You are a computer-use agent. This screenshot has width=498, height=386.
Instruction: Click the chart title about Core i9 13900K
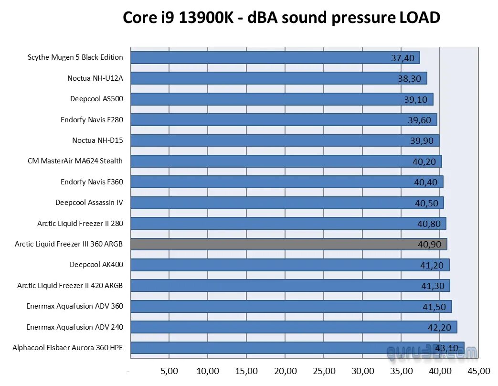281,18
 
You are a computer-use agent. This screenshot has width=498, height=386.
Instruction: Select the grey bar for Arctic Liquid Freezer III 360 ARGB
288,244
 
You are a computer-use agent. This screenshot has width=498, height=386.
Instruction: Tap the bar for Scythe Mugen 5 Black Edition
275,57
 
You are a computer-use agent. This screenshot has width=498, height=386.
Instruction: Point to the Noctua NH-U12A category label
95,78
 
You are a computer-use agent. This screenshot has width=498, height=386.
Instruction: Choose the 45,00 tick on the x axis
478,371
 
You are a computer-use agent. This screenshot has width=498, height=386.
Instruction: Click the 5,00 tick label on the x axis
169,371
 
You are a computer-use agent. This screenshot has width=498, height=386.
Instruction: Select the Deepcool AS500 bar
281,99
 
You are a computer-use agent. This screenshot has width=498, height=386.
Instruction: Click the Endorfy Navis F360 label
92,182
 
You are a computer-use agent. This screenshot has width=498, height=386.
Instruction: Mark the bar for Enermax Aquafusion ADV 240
293,327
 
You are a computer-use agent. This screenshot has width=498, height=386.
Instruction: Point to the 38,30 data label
410,78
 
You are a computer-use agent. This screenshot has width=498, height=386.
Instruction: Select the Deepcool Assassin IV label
89,203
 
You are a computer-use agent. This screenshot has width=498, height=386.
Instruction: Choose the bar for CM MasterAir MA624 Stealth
286,161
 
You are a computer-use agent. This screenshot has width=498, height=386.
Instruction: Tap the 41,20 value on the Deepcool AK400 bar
432,265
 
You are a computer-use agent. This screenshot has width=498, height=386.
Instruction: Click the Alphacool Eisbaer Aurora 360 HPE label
68,348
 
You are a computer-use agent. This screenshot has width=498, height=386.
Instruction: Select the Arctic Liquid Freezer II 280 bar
288,223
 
